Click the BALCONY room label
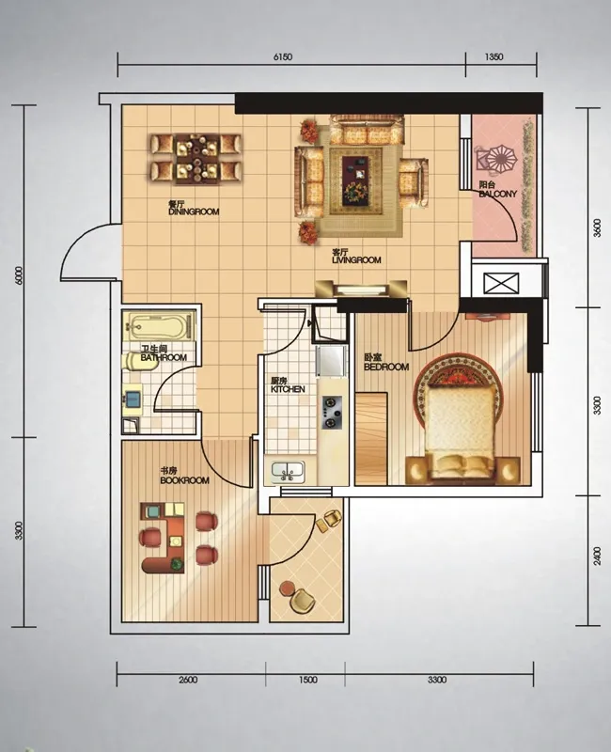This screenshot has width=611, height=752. (498, 194)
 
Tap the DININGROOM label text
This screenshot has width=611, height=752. (194, 211)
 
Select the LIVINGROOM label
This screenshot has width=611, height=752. (356, 260)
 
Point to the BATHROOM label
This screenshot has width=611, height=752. (164, 357)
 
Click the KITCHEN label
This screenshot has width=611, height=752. (288, 389)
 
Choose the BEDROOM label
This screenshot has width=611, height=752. (386, 367)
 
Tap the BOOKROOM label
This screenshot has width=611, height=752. (184, 480)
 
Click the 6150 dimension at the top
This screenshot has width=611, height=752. (283, 57)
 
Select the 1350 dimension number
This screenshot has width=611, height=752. (494, 56)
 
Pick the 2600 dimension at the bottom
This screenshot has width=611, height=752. (187, 680)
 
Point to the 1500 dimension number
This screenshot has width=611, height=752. (307, 680)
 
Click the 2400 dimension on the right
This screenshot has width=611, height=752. (597, 556)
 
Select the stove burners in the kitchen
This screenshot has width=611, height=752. (331, 413)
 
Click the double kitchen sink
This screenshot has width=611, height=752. (288, 472)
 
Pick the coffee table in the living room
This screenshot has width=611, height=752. (355, 180)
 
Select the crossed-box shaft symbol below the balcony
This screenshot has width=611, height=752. (501, 283)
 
